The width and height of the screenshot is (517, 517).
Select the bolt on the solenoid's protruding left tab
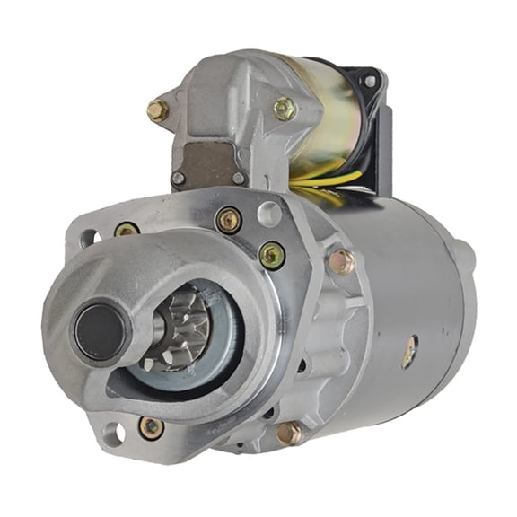158,111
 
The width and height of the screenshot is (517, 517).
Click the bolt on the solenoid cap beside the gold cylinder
285,109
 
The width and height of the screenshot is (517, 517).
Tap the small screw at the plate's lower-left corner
179,178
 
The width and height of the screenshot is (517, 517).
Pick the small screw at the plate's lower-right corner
239,178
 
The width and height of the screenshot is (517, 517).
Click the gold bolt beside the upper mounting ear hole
127,231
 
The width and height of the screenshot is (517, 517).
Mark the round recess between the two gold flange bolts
268,214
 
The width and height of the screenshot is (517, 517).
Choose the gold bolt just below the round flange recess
272,255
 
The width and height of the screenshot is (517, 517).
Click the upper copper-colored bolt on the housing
342,261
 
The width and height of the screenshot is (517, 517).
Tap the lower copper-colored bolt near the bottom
289,433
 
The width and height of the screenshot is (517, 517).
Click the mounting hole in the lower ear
113,434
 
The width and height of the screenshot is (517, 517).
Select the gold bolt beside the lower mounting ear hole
152,427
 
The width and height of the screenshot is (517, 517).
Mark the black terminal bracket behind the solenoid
377,135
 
